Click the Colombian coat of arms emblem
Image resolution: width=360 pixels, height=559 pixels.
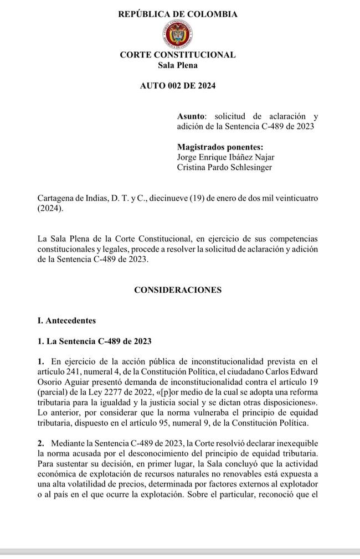pos(178,34)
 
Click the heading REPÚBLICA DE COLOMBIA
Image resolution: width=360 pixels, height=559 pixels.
pos(178,14)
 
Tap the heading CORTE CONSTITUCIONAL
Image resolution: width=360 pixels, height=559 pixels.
pos(178,55)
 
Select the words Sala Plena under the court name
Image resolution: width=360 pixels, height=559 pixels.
pos(178,65)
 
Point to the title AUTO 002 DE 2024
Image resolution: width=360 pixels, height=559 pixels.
pos(178,86)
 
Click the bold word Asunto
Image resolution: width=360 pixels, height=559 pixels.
pos(191,116)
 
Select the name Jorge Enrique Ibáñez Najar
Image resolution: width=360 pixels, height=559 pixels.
pos(224,157)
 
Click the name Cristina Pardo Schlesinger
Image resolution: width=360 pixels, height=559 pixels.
pos(224,167)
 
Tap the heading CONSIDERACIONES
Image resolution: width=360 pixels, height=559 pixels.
pos(178,289)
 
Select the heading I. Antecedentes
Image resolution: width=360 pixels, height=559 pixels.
pos(66,320)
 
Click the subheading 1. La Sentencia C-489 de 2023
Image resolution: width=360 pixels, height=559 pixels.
pos(94,341)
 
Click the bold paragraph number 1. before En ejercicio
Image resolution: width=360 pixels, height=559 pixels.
pos(40,362)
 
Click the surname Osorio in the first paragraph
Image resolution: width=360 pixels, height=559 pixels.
pos(50,382)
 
